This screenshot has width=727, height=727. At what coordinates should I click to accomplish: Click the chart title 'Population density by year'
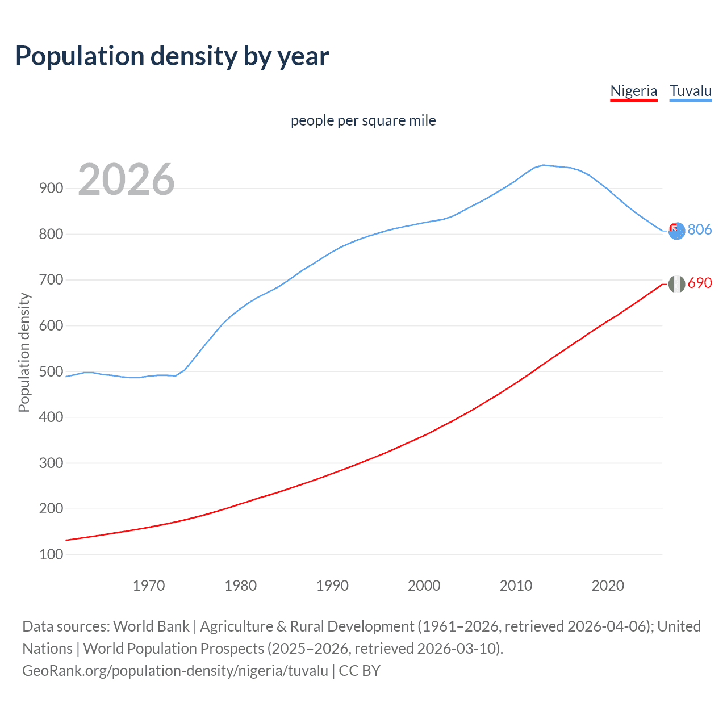pyautogui.click(x=172, y=56)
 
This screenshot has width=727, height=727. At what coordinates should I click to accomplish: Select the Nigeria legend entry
pyautogui.click(x=633, y=91)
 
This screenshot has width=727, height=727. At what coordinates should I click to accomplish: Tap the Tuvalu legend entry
pyautogui.click(x=690, y=91)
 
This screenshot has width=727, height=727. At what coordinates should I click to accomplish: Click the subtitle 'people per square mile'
pyautogui.click(x=363, y=120)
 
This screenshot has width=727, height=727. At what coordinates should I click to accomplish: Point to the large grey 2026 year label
pyautogui.click(x=126, y=179)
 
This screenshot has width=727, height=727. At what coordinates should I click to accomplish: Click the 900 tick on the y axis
pyautogui.click(x=51, y=189)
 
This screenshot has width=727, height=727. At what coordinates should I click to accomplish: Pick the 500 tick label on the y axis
pyautogui.click(x=51, y=371)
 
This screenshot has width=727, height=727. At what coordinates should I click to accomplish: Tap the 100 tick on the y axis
pyautogui.click(x=51, y=554)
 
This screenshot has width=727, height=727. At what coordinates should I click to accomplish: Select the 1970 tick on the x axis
pyautogui.click(x=149, y=586)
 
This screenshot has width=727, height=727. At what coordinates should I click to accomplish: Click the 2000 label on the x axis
pyautogui.click(x=424, y=586)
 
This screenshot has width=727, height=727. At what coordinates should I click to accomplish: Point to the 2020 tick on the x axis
pyautogui.click(x=608, y=586)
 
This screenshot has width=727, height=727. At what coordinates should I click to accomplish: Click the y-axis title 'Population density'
pyautogui.click(x=24, y=352)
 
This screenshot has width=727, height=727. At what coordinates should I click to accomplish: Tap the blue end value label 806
pyautogui.click(x=700, y=229)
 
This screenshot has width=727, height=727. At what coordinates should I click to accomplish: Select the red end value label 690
pyautogui.click(x=700, y=283)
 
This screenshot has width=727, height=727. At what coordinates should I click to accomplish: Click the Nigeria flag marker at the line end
pyautogui.click(x=676, y=284)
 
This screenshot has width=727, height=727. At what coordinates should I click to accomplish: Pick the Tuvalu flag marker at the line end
pyautogui.click(x=676, y=231)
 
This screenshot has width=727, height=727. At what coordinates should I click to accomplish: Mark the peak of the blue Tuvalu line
pyautogui.click(x=544, y=165)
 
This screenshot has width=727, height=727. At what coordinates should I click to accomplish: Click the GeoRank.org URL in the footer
pyautogui.click(x=175, y=671)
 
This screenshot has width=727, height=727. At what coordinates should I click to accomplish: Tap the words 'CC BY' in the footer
pyautogui.click(x=360, y=671)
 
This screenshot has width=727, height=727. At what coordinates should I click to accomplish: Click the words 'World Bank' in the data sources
pyautogui.click(x=151, y=626)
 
